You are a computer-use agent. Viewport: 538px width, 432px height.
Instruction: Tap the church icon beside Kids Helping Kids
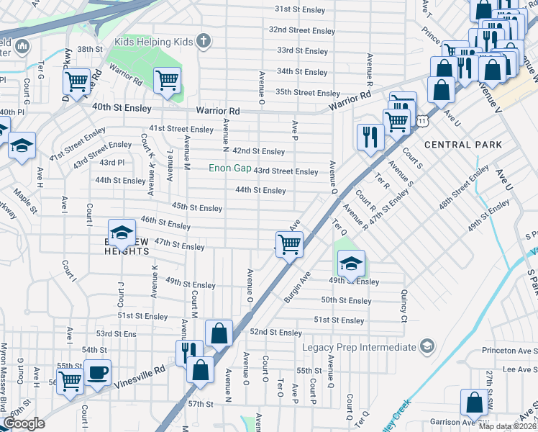tap(204, 40)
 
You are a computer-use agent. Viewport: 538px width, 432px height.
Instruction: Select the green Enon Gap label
tap(229, 168)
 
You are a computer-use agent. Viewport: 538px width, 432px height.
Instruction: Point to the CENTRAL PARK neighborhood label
tap(462, 145)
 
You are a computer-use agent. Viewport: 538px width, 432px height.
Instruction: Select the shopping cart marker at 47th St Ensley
tap(288, 246)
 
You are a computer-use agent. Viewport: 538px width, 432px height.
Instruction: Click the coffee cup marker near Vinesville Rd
tap(97, 374)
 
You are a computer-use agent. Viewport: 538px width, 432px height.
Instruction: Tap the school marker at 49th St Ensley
tap(350, 264)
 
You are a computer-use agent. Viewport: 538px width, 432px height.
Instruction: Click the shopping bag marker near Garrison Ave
tap(474, 404)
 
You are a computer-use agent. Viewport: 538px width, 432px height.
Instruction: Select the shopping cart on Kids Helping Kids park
tap(168, 81)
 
